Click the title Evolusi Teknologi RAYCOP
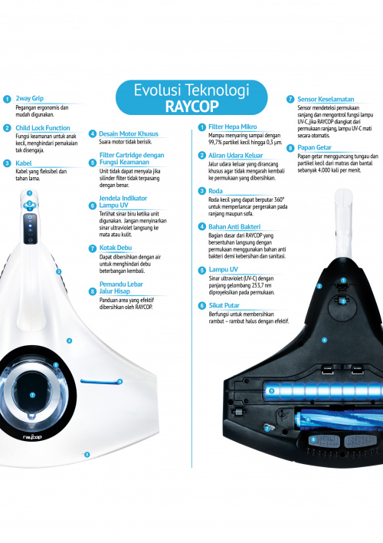pyautogui.click(x=191, y=98)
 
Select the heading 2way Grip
pyautogui.click(x=29, y=98)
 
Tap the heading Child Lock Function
pyautogui.click(x=43, y=128)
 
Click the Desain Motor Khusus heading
pyautogui.click(x=129, y=133)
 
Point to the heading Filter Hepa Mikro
pyautogui.click(x=233, y=127)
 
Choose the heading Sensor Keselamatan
pyautogui.click(x=326, y=99)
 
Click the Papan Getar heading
pyautogui.click(x=314, y=147)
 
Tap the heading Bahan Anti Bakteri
pyautogui.click(x=234, y=227)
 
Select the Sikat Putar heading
pyautogui.click(x=224, y=305)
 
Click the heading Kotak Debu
pyautogui.click(x=116, y=248)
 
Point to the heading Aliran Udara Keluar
pyautogui.click(x=235, y=156)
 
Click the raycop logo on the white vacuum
pyautogui.click(x=32, y=436)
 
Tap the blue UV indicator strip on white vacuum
pyautogui.click(x=101, y=382)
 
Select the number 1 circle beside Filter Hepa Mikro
pyautogui.click(x=202, y=127)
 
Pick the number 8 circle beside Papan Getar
pyautogui.click(x=290, y=148)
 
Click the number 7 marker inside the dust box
pyautogui.click(x=32, y=395)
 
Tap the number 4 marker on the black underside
pyautogui.click(x=324, y=340)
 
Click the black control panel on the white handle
pyautogui.click(x=30, y=229)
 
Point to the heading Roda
pyautogui.click(x=215, y=191)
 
